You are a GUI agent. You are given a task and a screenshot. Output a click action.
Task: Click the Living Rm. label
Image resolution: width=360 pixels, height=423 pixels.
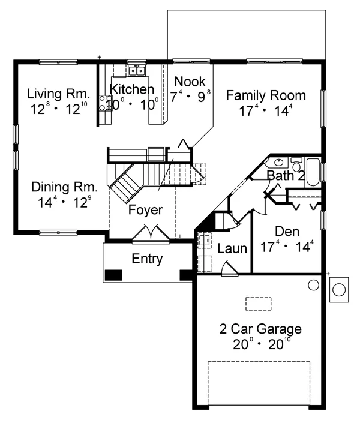tap(58, 94)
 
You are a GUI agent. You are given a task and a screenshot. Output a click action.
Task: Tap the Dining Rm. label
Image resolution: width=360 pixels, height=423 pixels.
tap(64, 187)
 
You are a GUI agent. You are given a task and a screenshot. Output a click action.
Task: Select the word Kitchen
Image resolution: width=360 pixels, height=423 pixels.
tap(132, 89)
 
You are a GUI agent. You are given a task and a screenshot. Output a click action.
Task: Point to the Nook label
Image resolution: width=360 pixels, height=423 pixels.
tap(190, 82)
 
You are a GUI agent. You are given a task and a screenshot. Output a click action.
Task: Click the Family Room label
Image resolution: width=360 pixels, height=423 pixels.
tap(266, 95)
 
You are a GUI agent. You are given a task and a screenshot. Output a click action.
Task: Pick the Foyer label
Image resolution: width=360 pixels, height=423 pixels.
tap(145, 210)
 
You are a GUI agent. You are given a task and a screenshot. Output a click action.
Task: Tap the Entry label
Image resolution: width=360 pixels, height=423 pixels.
tap(148, 259)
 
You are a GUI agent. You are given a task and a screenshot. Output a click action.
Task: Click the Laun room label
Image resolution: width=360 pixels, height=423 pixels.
tap(232, 248)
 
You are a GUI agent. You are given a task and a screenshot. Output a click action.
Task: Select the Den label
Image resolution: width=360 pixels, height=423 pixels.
tap(287, 232)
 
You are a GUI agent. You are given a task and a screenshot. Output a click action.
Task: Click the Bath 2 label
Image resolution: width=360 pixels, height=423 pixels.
tap(286, 175)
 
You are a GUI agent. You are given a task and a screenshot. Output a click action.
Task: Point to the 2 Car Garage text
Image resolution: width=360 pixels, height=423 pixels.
tap(260, 329)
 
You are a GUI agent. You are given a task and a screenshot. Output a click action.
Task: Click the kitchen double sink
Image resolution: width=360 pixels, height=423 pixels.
tap(137, 71)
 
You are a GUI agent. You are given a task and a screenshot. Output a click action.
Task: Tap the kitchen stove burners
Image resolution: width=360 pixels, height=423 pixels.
tap(105, 103)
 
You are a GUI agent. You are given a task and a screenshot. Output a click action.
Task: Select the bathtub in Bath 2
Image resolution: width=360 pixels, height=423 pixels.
tap(313, 172)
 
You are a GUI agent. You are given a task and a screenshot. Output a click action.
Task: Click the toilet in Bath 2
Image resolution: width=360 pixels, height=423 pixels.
tap(296, 164)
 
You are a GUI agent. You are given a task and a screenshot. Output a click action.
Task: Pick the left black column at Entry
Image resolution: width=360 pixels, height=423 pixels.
tap(113, 275)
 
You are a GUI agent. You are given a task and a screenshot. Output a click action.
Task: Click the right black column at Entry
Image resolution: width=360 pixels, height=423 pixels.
tap(186, 275)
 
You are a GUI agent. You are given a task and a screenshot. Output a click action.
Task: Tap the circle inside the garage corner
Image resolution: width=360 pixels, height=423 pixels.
tap(314, 285)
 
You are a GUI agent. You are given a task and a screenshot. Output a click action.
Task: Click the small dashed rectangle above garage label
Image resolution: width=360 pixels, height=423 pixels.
tap(258, 304)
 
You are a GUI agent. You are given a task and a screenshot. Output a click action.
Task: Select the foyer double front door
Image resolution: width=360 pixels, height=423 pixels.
tap(151, 234)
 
